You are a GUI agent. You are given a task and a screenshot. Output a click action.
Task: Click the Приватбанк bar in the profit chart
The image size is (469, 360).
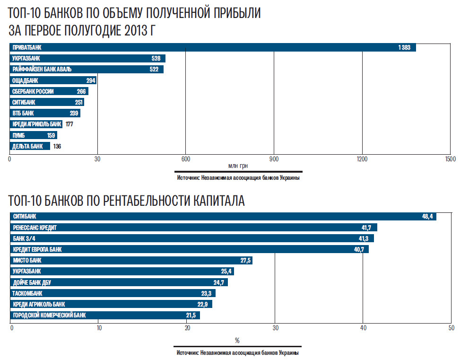(x=213, y=47)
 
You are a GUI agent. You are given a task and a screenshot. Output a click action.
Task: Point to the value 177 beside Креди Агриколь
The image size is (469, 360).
(x=69, y=124)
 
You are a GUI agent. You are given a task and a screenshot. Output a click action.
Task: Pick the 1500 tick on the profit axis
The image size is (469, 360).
(x=450, y=159)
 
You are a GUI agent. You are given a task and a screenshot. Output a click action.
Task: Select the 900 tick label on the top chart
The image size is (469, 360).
(x=274, y=159)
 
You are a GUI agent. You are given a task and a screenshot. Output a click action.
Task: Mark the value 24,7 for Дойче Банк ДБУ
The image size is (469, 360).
(x=219, y=282)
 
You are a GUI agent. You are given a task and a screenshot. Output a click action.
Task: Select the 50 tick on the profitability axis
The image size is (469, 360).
(x=451, y=328)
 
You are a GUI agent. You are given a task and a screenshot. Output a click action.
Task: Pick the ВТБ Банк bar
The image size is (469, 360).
(x=45, y=114)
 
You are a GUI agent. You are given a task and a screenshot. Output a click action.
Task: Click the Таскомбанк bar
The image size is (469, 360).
(x=113, y=293)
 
